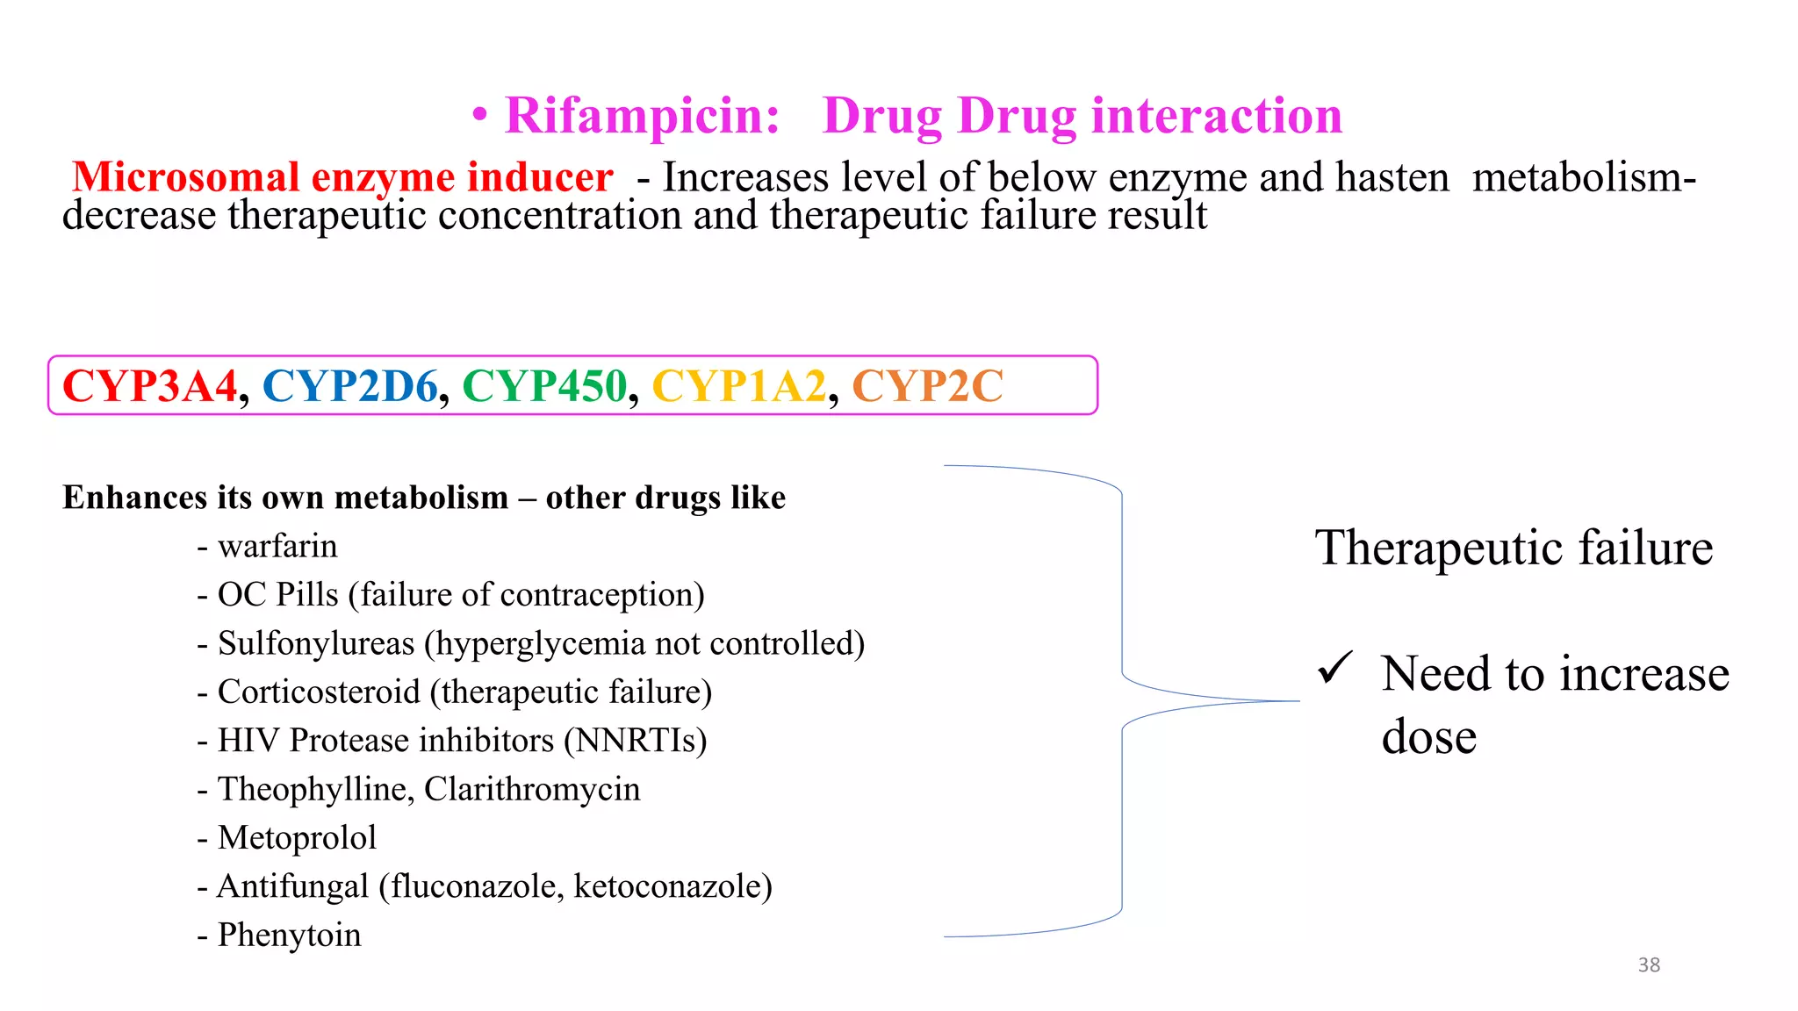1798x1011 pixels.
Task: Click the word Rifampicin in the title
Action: (642, 117)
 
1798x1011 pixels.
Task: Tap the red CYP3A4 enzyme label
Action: (150, 386)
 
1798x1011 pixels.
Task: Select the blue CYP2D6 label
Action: (349, 386)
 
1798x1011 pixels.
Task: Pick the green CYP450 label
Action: (544, 386)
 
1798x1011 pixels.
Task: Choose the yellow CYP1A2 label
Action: (739, 386)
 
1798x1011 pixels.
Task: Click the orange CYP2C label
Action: (927, 386)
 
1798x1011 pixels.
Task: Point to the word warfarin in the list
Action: (277, 547)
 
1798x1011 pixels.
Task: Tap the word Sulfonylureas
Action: (316, 643)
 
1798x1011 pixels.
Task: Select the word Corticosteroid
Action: (319, 692)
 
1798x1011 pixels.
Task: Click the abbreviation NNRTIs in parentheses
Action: (635, 741)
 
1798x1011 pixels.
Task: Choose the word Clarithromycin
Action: (532, 789)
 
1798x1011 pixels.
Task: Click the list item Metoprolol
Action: (297, 838)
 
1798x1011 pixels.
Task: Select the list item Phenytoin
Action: (289, 936)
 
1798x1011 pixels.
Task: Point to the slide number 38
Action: (1649, 965)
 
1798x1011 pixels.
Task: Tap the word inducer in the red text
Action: (539, 177)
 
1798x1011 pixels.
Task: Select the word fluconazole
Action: (474, 886)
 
